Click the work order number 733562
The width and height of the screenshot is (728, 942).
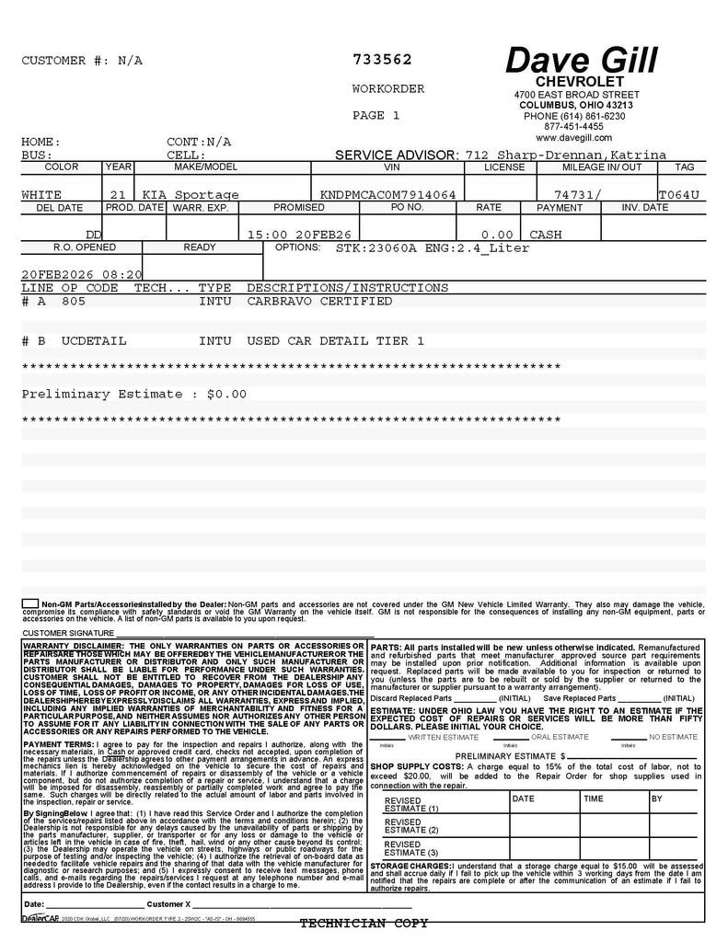[x=382, y=60]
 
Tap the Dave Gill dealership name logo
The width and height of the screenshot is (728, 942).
[x=581, y=61]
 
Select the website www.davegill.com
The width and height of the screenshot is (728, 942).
[x=573, y=137]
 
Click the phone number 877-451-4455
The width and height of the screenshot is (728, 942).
[x=573, y=127]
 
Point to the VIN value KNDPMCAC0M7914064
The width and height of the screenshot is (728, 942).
[x=387, y=195]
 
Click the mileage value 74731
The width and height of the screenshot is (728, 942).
[x=577, y=195]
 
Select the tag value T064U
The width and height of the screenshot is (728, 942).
[x=679, y=195]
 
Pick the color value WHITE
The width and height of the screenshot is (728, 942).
[x=41, y=195]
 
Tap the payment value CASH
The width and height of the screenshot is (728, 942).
[x=546, y=235]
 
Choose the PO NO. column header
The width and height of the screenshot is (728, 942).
[x=406, y=208]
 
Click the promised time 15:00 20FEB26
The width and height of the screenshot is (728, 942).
[x=300, y=235]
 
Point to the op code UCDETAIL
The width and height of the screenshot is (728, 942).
[x=94, y=341]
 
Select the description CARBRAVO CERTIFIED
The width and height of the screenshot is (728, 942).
[x=319, y=301]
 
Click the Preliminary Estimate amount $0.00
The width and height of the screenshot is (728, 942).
[x=227, y=394]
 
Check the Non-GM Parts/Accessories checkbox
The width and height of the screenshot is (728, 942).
[x=29, y=603]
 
